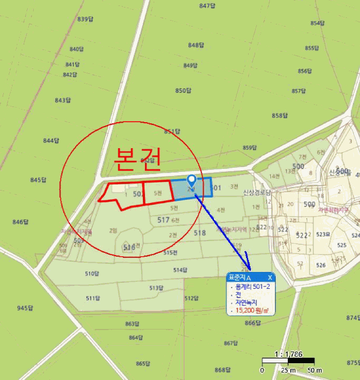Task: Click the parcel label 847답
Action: pos(208,6)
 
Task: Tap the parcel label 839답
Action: pos(86,20)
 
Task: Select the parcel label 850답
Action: pos(184,90)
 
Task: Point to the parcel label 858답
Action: pos(280,116)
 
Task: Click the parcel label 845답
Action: pos(39,180)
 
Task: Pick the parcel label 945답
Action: pos(26,308)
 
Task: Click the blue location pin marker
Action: pos(191,181)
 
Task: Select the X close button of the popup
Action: pos(270,277)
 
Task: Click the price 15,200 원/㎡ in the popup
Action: pos(254,311)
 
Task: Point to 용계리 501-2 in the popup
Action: pos(253,286)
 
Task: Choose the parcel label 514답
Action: pos(180,270)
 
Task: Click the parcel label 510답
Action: pos(93,274)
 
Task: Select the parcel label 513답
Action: pos(156,288)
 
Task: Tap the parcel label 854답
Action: pos(318,23)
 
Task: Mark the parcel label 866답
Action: pos(253,323)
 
